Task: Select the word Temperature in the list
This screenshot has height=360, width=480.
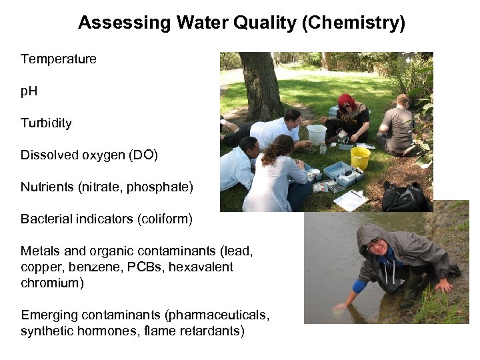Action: pyautogui.click(x=59, y=59)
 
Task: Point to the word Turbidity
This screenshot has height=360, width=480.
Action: pyautogui.click(x=46, y=123)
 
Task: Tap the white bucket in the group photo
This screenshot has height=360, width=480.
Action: pyautogui.click(x=317, y=134)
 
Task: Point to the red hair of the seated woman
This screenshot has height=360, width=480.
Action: pyautogui.click(x=346, y=101)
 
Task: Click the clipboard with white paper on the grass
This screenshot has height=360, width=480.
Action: pyautogui.click(x=351, y=199)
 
